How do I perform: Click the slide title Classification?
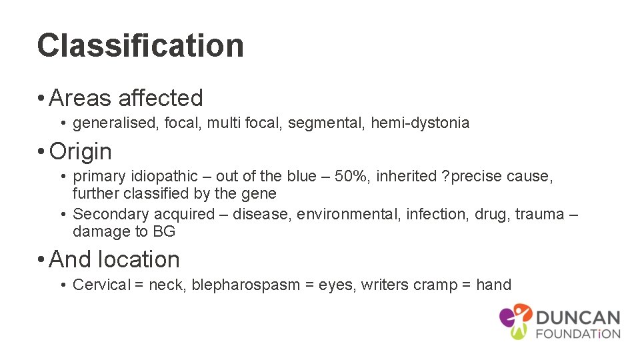point(141,46)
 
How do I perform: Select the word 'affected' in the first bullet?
point(160,98)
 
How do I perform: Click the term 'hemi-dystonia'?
point(420,123)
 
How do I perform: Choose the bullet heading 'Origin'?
point(80,151)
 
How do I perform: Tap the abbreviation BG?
point(163,232)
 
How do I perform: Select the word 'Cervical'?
point(101,285)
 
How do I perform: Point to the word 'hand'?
point(493,285)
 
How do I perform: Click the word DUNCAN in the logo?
point(577,318)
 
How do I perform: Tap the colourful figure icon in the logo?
point(515,320)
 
